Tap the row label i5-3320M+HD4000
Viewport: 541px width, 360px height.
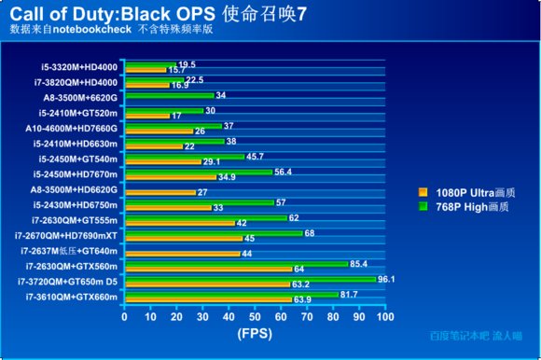coord(79,66)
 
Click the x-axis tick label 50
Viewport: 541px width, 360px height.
coord(252,315)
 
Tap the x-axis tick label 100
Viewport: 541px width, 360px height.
coord(381,315)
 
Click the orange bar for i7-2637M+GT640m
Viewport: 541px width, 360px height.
coord(180,253)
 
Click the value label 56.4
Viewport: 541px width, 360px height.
coord(282,171)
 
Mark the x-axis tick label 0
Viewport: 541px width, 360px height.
coord(124,315)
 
